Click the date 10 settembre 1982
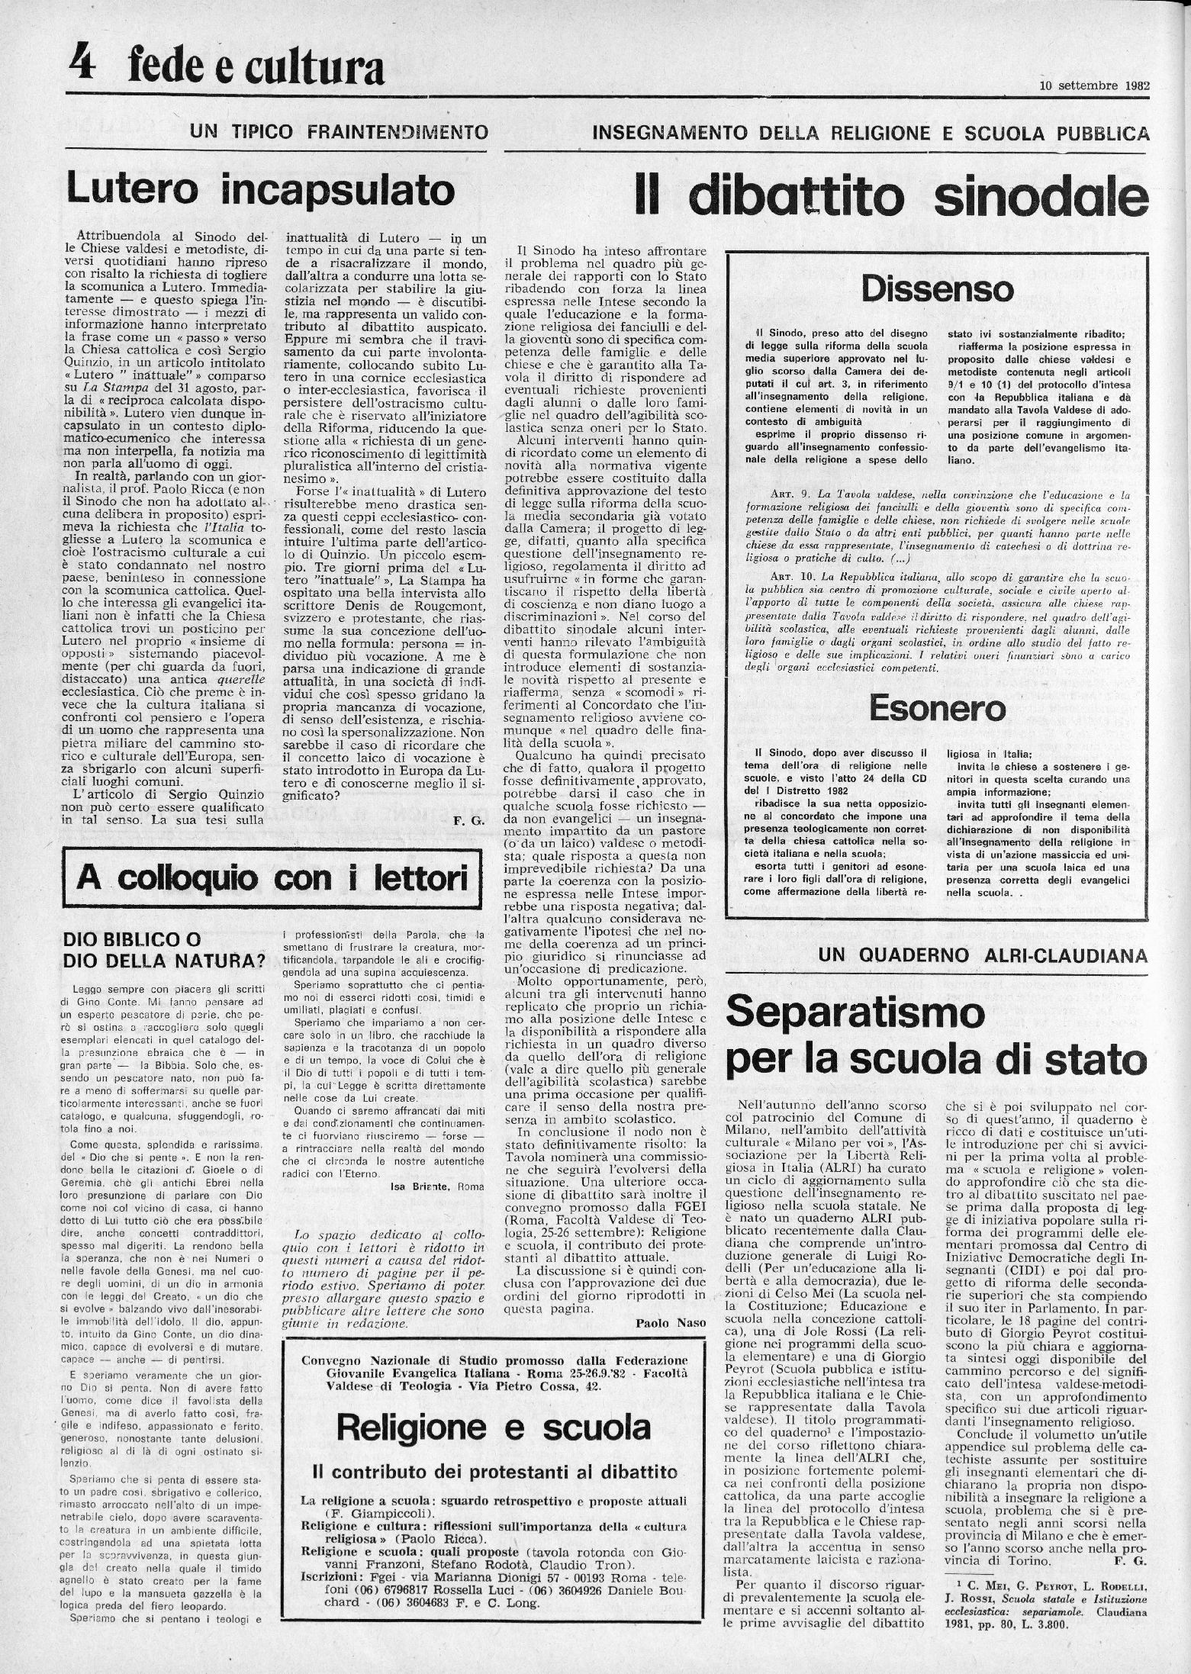[x=1094, y=85]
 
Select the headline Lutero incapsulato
[x=259, y=189]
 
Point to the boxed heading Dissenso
[x=938, y=289]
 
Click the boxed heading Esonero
[x=938, y=709]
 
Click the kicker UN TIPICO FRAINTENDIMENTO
[x=339, y=132]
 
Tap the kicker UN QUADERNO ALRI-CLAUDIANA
[x=983, y=955]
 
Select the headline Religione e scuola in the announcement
[x=494, y=1426]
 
